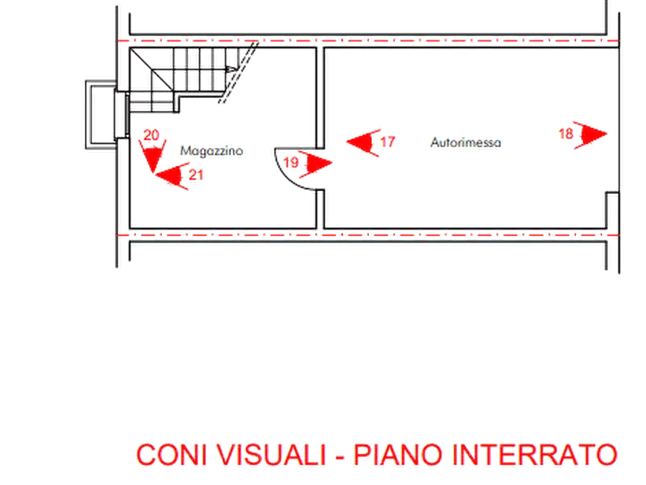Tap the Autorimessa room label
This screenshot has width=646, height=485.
pyautogui.click(x=465, y=143)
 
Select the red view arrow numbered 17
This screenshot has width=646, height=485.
pyautogui.click(x=362, y=141)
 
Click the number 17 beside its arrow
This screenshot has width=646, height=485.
pyautogui.click(x=388, y=143)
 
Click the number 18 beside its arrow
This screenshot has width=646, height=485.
pyautogui.click(x=566, y=134)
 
